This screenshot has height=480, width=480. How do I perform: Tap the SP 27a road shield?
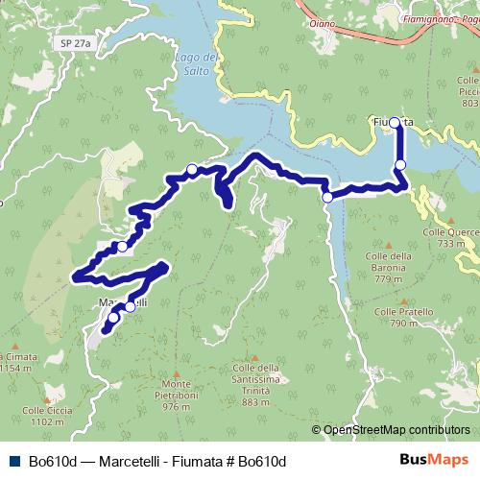click(x=69, y=43)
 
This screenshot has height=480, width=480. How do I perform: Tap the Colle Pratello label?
click(x=399, y=318)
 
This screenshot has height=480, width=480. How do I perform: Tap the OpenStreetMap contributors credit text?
click(x=396, y=430)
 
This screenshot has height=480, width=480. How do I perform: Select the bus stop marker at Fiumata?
click(x=394, y=122)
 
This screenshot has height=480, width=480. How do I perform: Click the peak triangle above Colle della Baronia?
click(x=390, y=245)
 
